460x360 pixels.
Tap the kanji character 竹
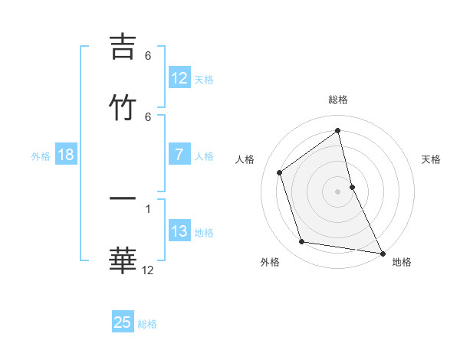tap(123, 106)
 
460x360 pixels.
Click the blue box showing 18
tap(66, 155)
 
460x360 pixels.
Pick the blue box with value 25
tap(123, 322)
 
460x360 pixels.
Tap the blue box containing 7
tap(179, 155)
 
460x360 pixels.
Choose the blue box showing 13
tap(179, 231)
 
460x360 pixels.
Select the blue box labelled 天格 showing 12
tap(179, 78)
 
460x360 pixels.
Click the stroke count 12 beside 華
tap(148, 270)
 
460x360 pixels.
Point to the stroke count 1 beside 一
tap(148, 208)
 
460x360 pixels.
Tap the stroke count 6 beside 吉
tap(148, 56)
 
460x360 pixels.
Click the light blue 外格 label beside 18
tap(41, 156)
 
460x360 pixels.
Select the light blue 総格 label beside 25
tap(147, 323)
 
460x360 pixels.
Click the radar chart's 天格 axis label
tap(431, 159)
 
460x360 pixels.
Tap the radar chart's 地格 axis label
tap(402, 262)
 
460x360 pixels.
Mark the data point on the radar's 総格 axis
tap(337, 130)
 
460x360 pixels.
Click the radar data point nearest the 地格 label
tap(382, 253)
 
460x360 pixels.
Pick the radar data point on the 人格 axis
tap(280, 172)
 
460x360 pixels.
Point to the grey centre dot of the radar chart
tap(337, 191)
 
